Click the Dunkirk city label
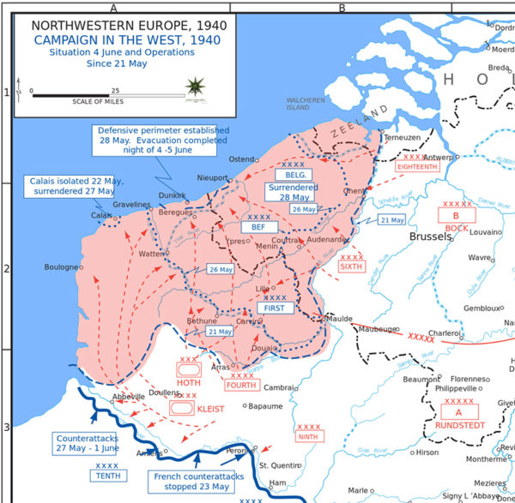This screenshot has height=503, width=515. (x=173, y=196)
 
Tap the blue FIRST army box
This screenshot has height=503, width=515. (x=275, y=307)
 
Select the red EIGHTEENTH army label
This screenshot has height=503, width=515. (x=417, y=166)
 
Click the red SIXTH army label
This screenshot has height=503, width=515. (x=352, y=266)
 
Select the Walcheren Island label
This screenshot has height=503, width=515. (x=306, y=104)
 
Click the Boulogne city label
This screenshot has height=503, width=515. (x=62, y=267)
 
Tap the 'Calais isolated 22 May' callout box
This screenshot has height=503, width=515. (x=70, y=186)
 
